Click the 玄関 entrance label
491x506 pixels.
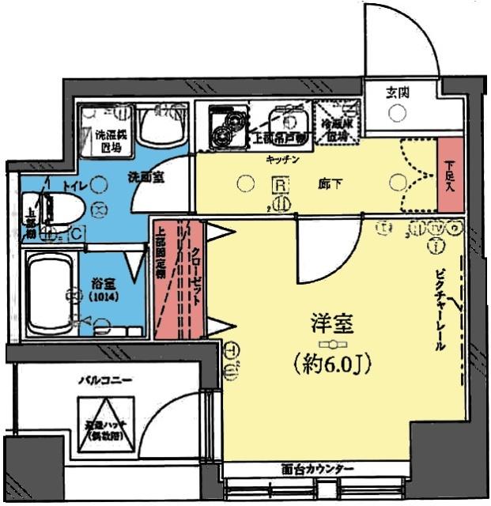(397, 92)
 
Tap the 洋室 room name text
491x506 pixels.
(330, 324)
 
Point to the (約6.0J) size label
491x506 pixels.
(332, 364)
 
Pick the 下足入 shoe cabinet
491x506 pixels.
(449, 175)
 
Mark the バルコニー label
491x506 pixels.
(104, 379)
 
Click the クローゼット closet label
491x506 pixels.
(195, 280)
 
